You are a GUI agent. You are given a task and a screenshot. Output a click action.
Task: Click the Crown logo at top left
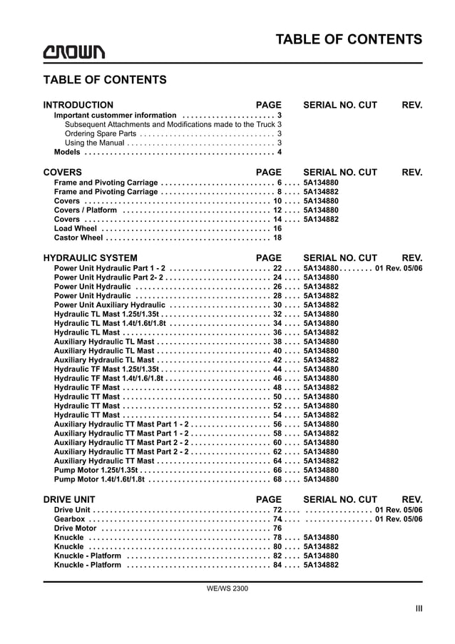pyautogui.click(x=73, y=52)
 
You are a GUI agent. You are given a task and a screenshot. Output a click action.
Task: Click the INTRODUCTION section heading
pyautogui.click(x=78, y=105)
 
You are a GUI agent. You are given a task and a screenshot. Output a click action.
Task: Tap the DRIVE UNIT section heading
pyautogui.click(x=69, y=500)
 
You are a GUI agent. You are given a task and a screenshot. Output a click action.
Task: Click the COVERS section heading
pyautogui.click(x=63, y=172)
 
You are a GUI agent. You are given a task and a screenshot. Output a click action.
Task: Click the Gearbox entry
pyautogui.click(x=70, y=519)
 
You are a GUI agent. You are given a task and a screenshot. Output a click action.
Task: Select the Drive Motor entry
pyautogui.click(x=76, y=528)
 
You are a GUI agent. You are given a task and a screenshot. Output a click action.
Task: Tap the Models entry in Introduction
pyautogui.click(x=67, y=152)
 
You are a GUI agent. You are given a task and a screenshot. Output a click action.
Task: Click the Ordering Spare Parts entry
pyautogui.click(x=100, y=133)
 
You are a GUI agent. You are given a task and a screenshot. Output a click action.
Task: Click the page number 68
pyautogui.click(x=278, y=480)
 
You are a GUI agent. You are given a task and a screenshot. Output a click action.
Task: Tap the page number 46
pyautogui.click(x=278, y=379)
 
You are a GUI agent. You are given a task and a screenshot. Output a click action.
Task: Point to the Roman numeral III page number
pyautogui.click(x=419, y=608)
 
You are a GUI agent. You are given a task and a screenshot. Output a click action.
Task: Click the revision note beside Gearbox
pyautogui.click(x=399, y=519)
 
